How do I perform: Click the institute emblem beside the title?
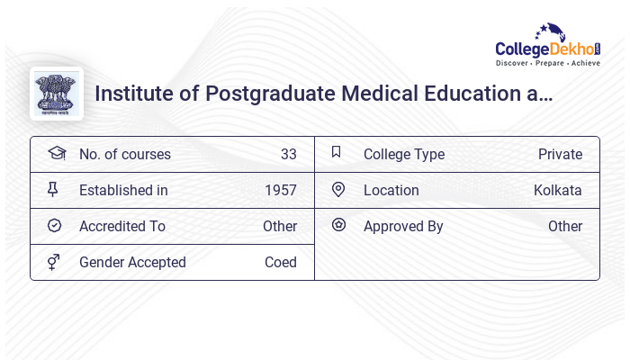pos(57,94)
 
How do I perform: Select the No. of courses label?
pos(124,154)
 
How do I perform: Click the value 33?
pos(288,154)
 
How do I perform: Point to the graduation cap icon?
pos(56,153)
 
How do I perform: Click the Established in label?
pos(123,190)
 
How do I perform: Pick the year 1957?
pos(280,190)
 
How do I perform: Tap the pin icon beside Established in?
pos(53,189)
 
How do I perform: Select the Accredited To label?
pos(122,226)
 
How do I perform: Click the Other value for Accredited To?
pos(279,226)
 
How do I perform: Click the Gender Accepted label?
pos(132,262)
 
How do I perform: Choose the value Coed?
pos(280,262)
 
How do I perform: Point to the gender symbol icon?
pos(54,262)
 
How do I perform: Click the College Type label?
pos(403,154)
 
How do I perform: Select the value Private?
pos(560,154)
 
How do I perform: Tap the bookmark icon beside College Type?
pos(337,152)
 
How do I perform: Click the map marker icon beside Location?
pos(338,189)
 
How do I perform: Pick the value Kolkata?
pos(557,190)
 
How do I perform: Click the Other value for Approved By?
pos(564,226)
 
